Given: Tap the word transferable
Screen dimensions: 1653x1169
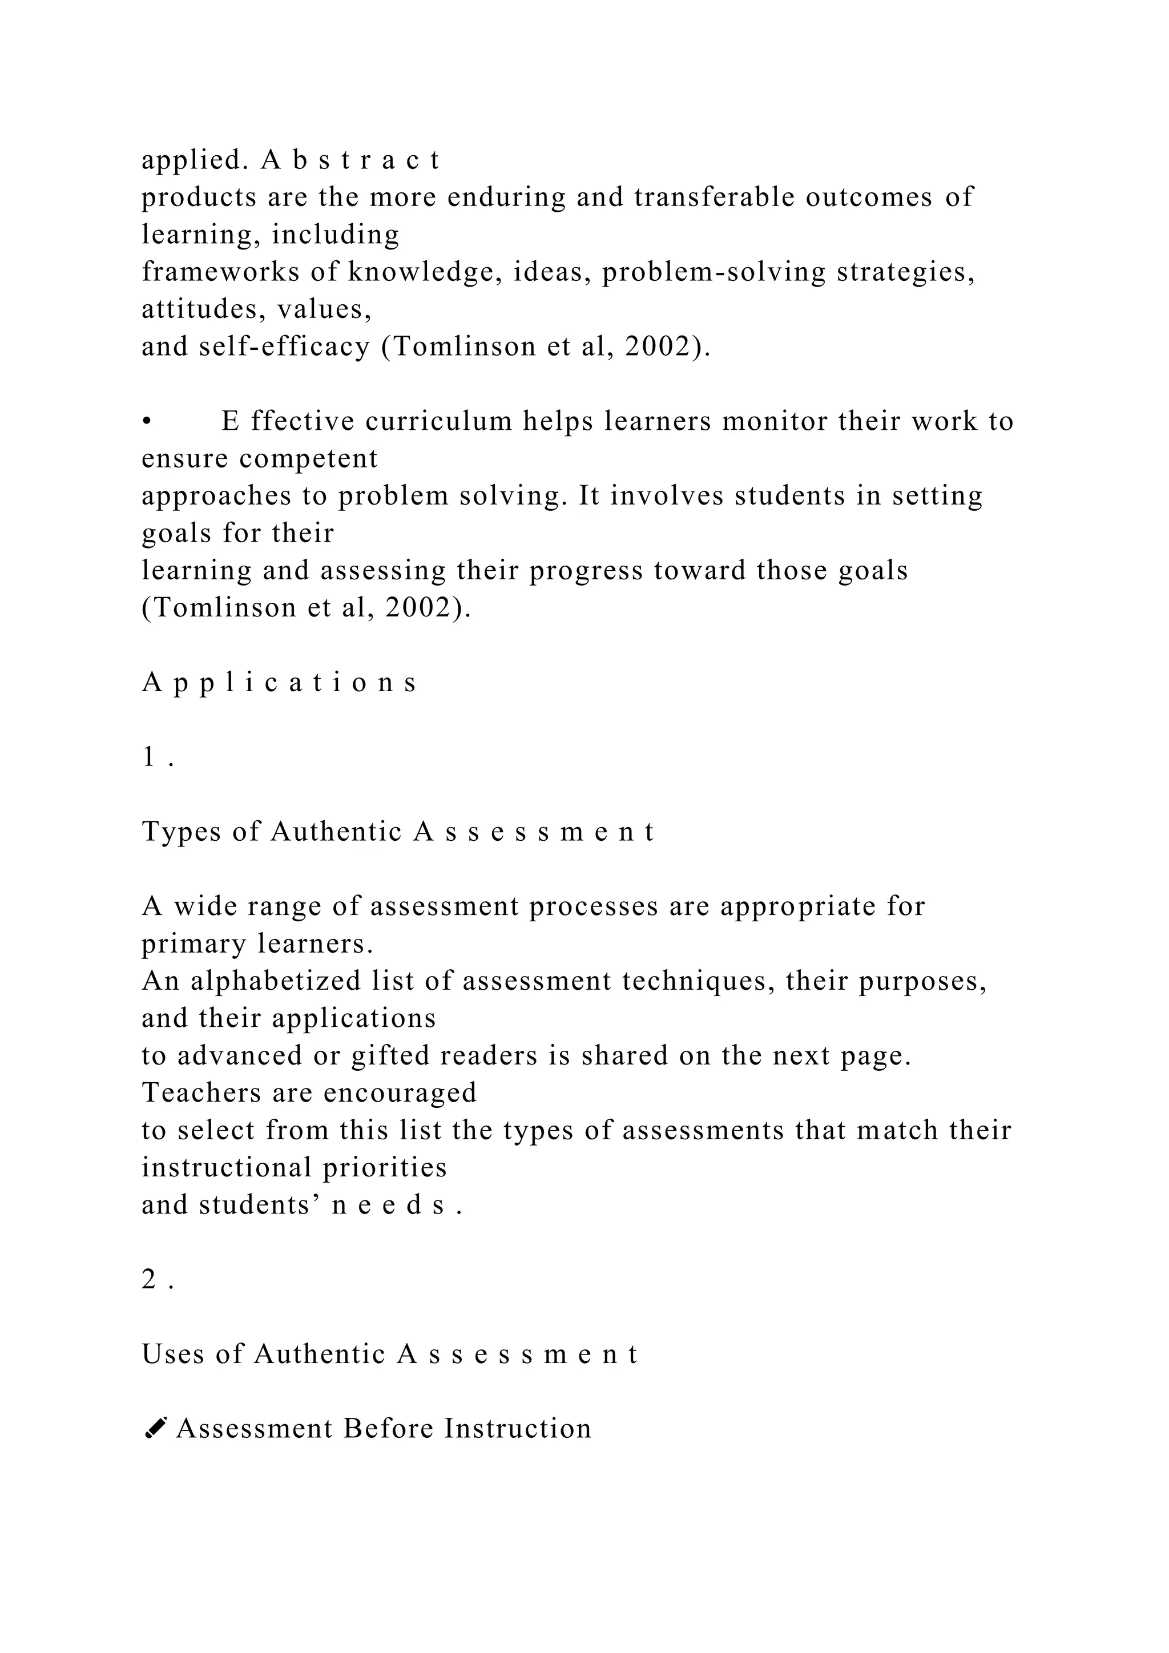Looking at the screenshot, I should coord(714,197).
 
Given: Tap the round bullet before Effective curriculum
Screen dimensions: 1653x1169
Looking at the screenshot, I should coord(147,422).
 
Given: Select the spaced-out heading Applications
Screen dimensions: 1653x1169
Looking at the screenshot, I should coord(279,683).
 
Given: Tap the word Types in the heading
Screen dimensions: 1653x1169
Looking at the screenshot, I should coord(181,832).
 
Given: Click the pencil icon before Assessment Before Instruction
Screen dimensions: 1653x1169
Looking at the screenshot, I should coord(155,1428).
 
